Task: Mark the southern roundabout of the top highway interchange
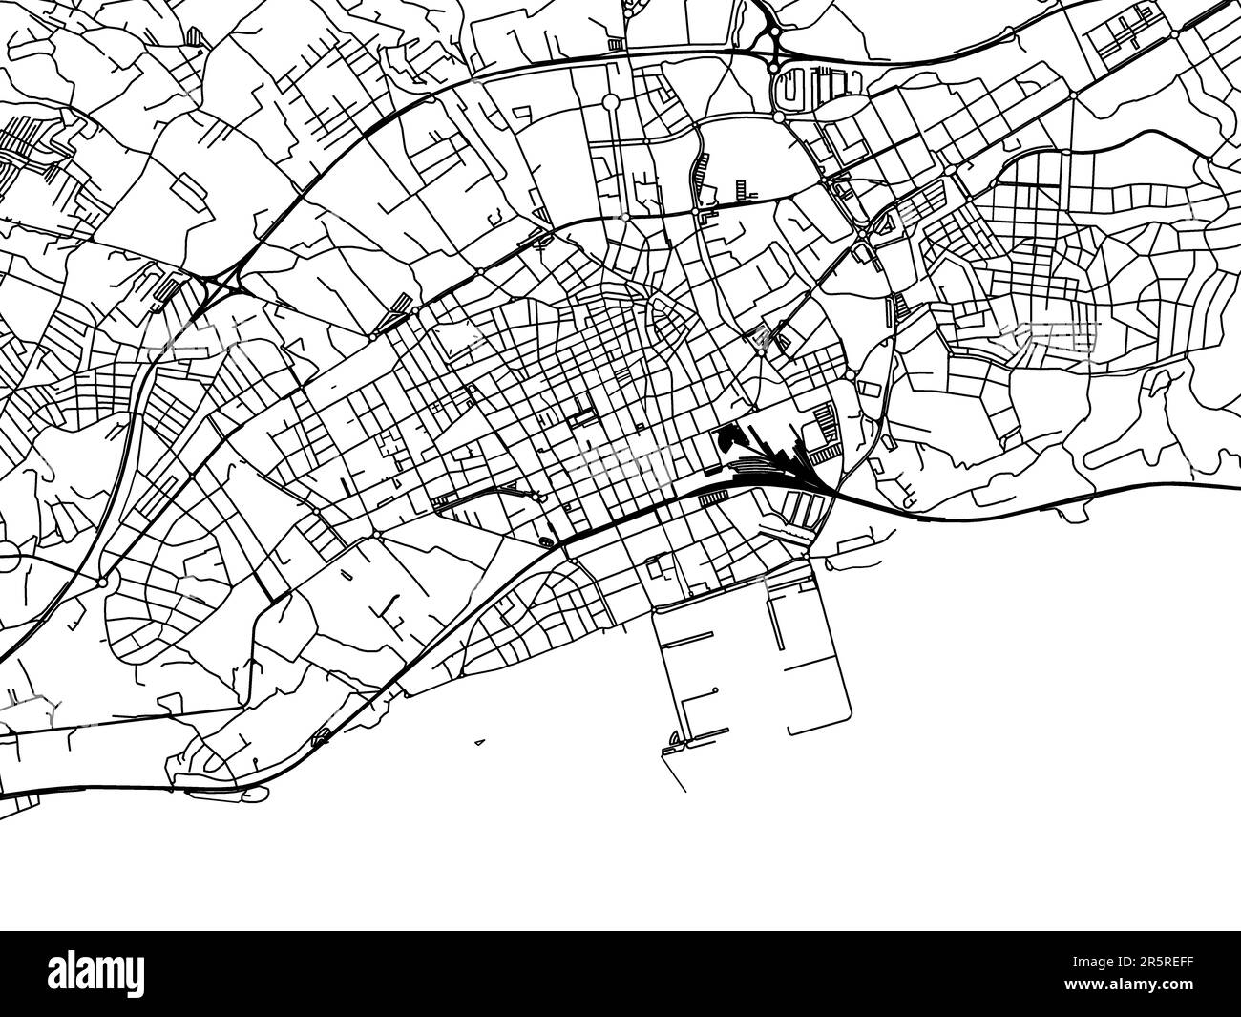pyautogui.click(x=774, y=68)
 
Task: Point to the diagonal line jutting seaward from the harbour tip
pyautogui.click(x=679, y=774)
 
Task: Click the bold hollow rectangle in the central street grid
pyautogui.click(x=580, y=416)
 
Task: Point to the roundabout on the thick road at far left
pyautogui.click(x=101, y=581)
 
